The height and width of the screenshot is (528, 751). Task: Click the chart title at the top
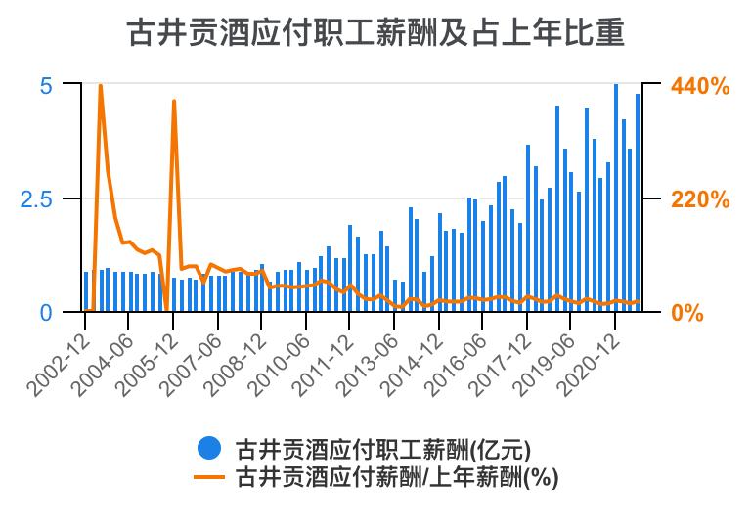coord(375,33)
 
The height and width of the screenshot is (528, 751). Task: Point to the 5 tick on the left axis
coord(45,86)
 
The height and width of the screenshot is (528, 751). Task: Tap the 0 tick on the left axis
coord(45,313)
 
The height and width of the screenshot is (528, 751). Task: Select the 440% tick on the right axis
coord(700,86)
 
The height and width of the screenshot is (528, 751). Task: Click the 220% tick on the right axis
coord(700,199)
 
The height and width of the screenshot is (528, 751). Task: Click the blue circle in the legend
coord(208,449)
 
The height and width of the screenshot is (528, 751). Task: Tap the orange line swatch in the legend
coord(208,477)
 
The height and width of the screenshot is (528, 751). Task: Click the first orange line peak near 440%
coord(101,86)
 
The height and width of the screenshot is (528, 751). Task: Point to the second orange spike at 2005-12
coord(174,101)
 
